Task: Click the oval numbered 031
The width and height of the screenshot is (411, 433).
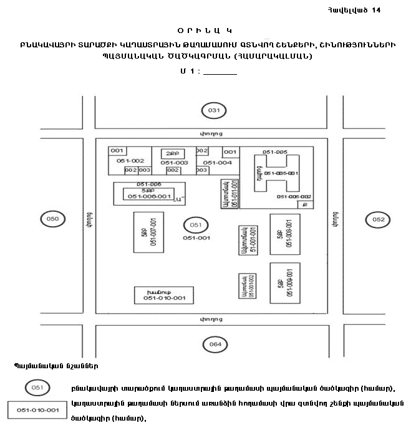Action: coord(214,110)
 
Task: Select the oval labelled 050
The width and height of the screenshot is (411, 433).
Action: coord(53,219)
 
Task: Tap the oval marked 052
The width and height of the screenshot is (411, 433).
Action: coord(379,219)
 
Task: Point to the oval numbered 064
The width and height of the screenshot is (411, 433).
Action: coord(215,344)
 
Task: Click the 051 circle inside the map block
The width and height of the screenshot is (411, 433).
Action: coord(196,225)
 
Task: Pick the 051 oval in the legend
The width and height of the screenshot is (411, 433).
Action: coord(37,388)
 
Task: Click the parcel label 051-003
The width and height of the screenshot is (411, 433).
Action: coord(174,163)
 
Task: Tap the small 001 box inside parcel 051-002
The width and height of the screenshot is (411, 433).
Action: coord(117,151)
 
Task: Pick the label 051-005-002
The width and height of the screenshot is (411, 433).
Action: coord(295,196)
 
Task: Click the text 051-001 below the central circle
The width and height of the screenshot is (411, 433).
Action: coord(196,237)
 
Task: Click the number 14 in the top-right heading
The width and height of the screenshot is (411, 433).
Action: coord(375,11)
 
